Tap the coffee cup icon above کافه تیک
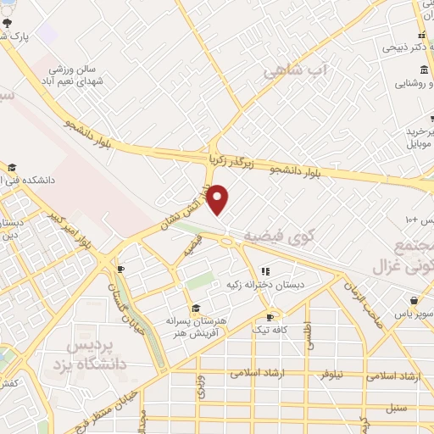[270, 316]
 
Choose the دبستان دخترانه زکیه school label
[265, 285]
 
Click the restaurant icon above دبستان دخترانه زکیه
[265, 271]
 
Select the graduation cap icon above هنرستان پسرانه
[196, 308]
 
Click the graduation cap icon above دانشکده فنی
[12, 167]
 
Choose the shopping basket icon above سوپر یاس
[414, 301]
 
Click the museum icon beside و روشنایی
[401, 83]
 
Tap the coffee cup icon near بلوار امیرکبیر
[121, 269]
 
